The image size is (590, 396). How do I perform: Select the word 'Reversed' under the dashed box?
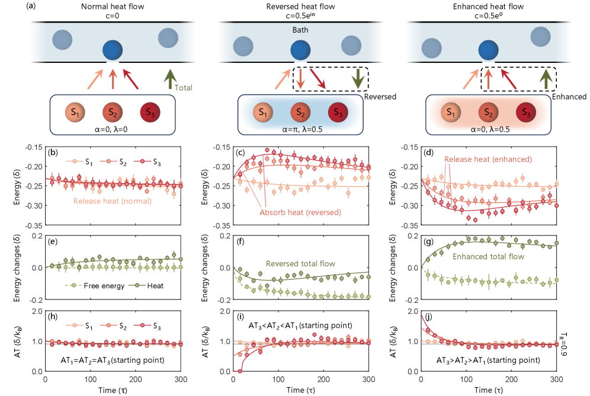pos(379,96)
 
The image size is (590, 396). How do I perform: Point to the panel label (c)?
pos(241,152)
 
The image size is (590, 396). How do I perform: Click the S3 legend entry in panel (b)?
pos(156,161)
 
